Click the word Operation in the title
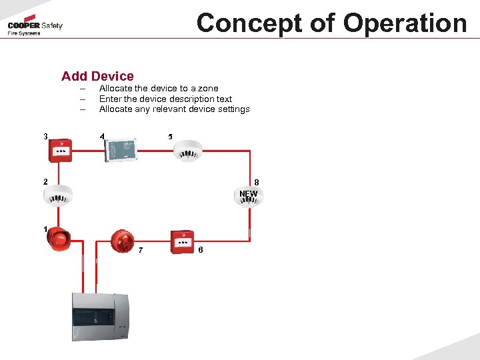tap(404, 23)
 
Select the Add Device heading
tap(97, 77)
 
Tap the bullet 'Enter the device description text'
tap(165, 99)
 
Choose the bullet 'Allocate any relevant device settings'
tap(174, 109)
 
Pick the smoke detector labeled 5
tap(187, 151)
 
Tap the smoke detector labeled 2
tap(58, 194)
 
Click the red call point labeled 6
tap(181, 241)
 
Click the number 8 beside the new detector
tap(257, 183)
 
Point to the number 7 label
tap(140, 251)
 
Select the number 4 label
tap(102, 137)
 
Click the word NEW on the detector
tap(248, 194)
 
